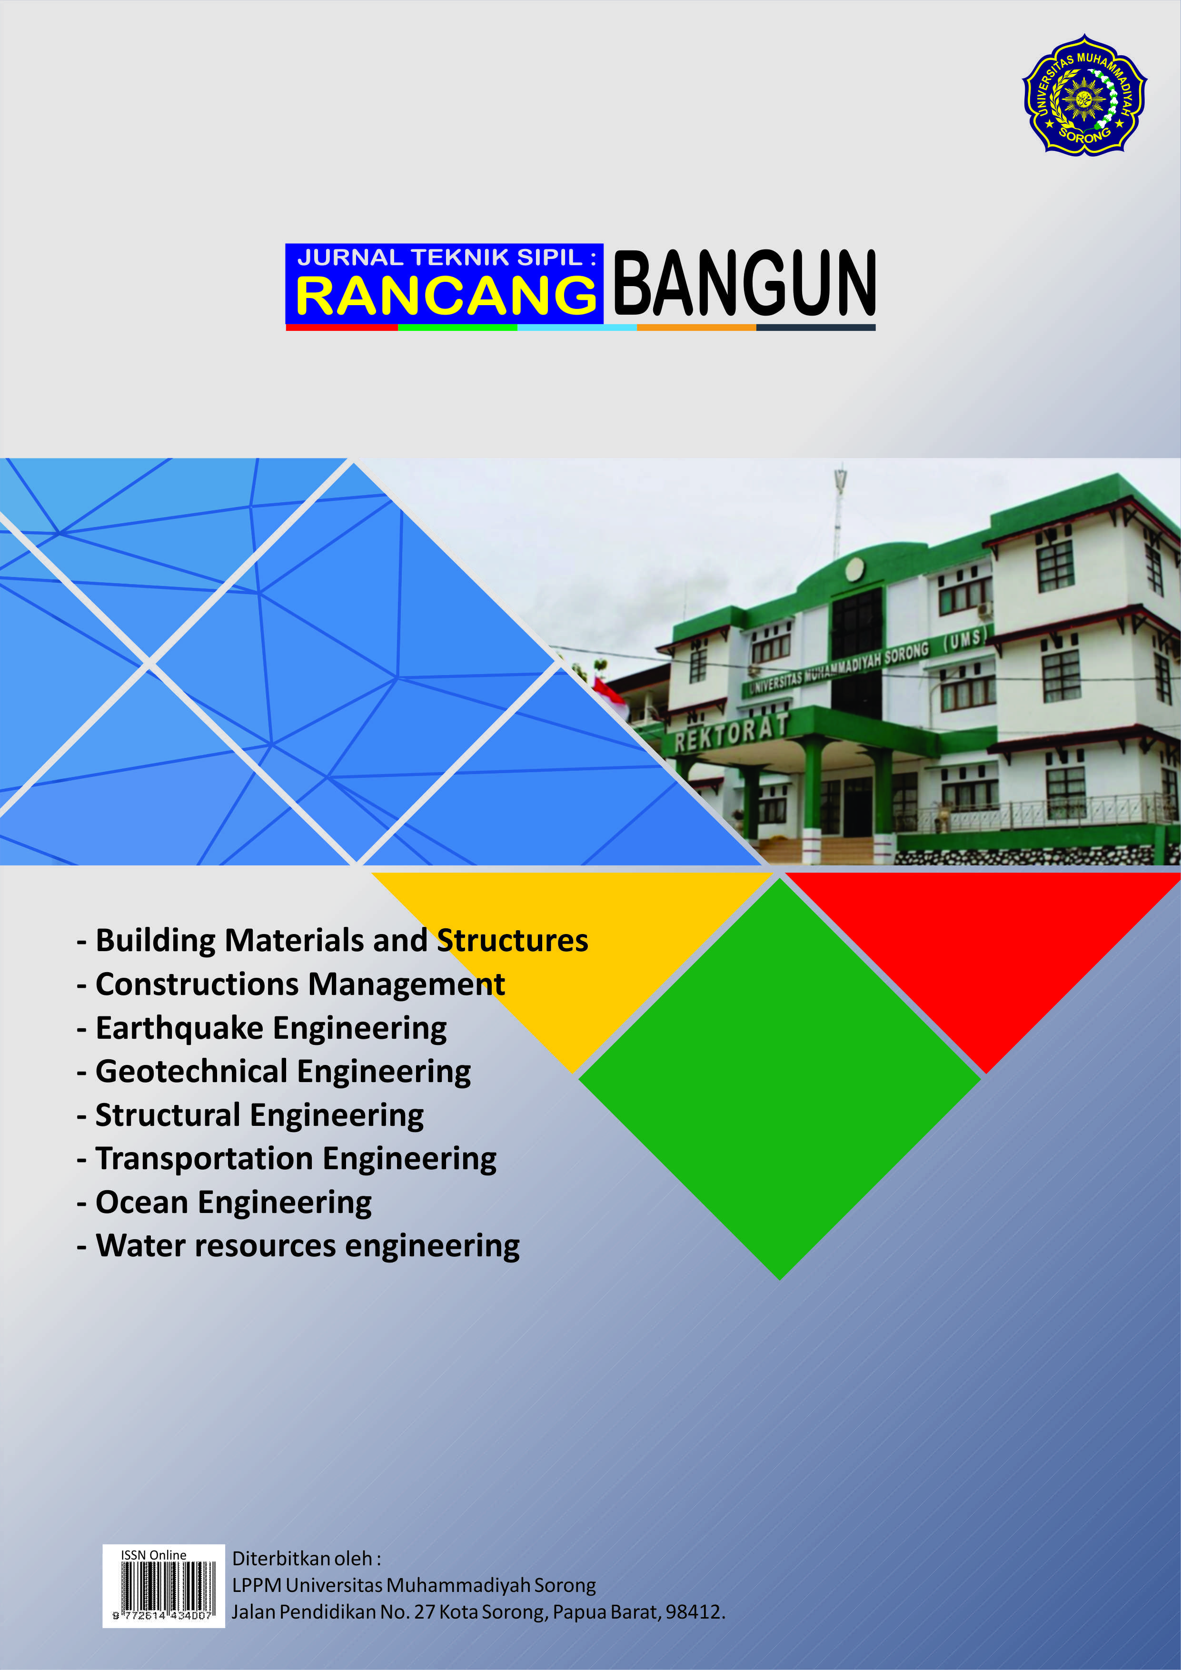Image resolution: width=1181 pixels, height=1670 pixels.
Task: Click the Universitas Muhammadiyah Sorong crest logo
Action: (x=1084, y=95)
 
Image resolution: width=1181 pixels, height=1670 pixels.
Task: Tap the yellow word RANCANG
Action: (x=446, y=296)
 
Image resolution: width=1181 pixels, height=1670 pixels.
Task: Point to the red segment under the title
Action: (x=342, y=328)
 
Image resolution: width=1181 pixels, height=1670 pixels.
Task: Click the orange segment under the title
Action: (x=696, y=328)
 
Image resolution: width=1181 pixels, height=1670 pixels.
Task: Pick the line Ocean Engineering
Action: (x=225, y=1203)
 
